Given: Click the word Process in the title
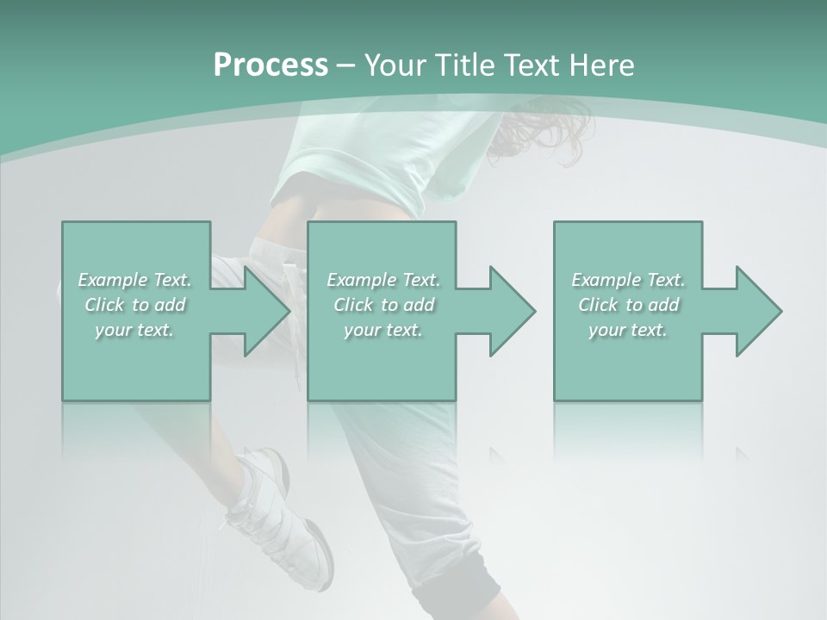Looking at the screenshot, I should click(270, 65).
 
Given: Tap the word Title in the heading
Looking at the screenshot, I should click(464, 65).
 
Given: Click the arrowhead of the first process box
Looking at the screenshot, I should click(266, 311).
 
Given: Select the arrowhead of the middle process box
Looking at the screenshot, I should click(512, 311).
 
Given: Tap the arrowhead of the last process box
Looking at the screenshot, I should click(758, 311).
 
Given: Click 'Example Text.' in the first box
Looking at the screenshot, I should click(134, 280).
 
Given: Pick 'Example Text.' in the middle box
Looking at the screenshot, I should click(383, 280).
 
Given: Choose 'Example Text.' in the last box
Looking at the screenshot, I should click(628, 280).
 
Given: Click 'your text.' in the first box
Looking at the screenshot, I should click(134, 330).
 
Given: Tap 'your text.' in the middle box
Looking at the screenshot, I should click(383, 330).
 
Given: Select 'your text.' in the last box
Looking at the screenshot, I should click(628, 330).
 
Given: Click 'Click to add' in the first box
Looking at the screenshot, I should click(134, 305).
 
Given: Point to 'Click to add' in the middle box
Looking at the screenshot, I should click(383, 305).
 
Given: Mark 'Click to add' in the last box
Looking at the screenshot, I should click(628, 305).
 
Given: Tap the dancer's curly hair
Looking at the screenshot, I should click(538, 129).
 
